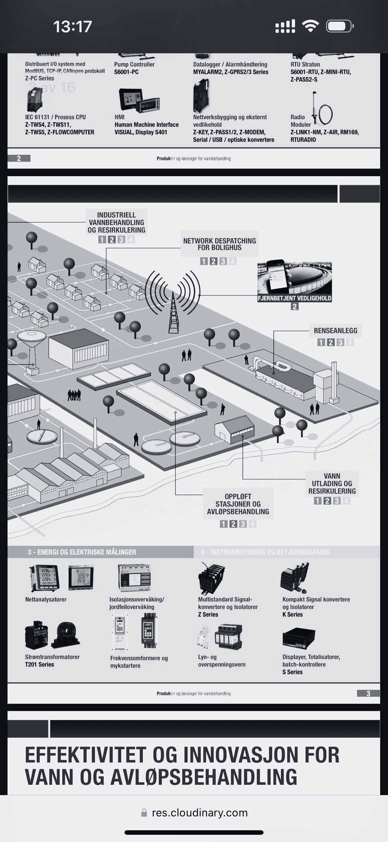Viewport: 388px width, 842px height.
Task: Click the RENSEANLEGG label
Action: tap(335, 330)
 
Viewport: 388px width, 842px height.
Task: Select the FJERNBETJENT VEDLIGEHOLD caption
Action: tap(294, 298)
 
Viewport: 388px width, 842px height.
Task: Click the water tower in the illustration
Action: tap(32, 350)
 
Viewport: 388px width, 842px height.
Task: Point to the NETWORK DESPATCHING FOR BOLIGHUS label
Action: tap(220, 244)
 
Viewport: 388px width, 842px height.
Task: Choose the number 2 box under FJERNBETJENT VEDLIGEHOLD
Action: tap(294, 307)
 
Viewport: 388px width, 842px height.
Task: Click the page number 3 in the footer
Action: tap(368, 693)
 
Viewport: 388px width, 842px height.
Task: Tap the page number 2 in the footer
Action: tap(19, 158)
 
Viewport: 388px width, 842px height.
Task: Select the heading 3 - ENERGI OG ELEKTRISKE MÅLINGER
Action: tap(82, 552)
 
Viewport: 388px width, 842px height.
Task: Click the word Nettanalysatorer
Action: tap(46, 599)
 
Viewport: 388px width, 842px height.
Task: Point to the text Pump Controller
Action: tap(134, 64)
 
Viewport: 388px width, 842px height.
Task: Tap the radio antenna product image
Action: tap(322, 110)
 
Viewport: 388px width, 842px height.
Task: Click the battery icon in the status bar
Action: tap(340, 26)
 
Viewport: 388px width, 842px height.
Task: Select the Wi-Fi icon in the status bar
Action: tap(311, 26)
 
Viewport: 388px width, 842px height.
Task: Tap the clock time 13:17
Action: tap(72, 27)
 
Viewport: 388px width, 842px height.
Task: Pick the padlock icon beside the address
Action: tap(144, 813)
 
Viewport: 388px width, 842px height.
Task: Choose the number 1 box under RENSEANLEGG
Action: tap(321, 342)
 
